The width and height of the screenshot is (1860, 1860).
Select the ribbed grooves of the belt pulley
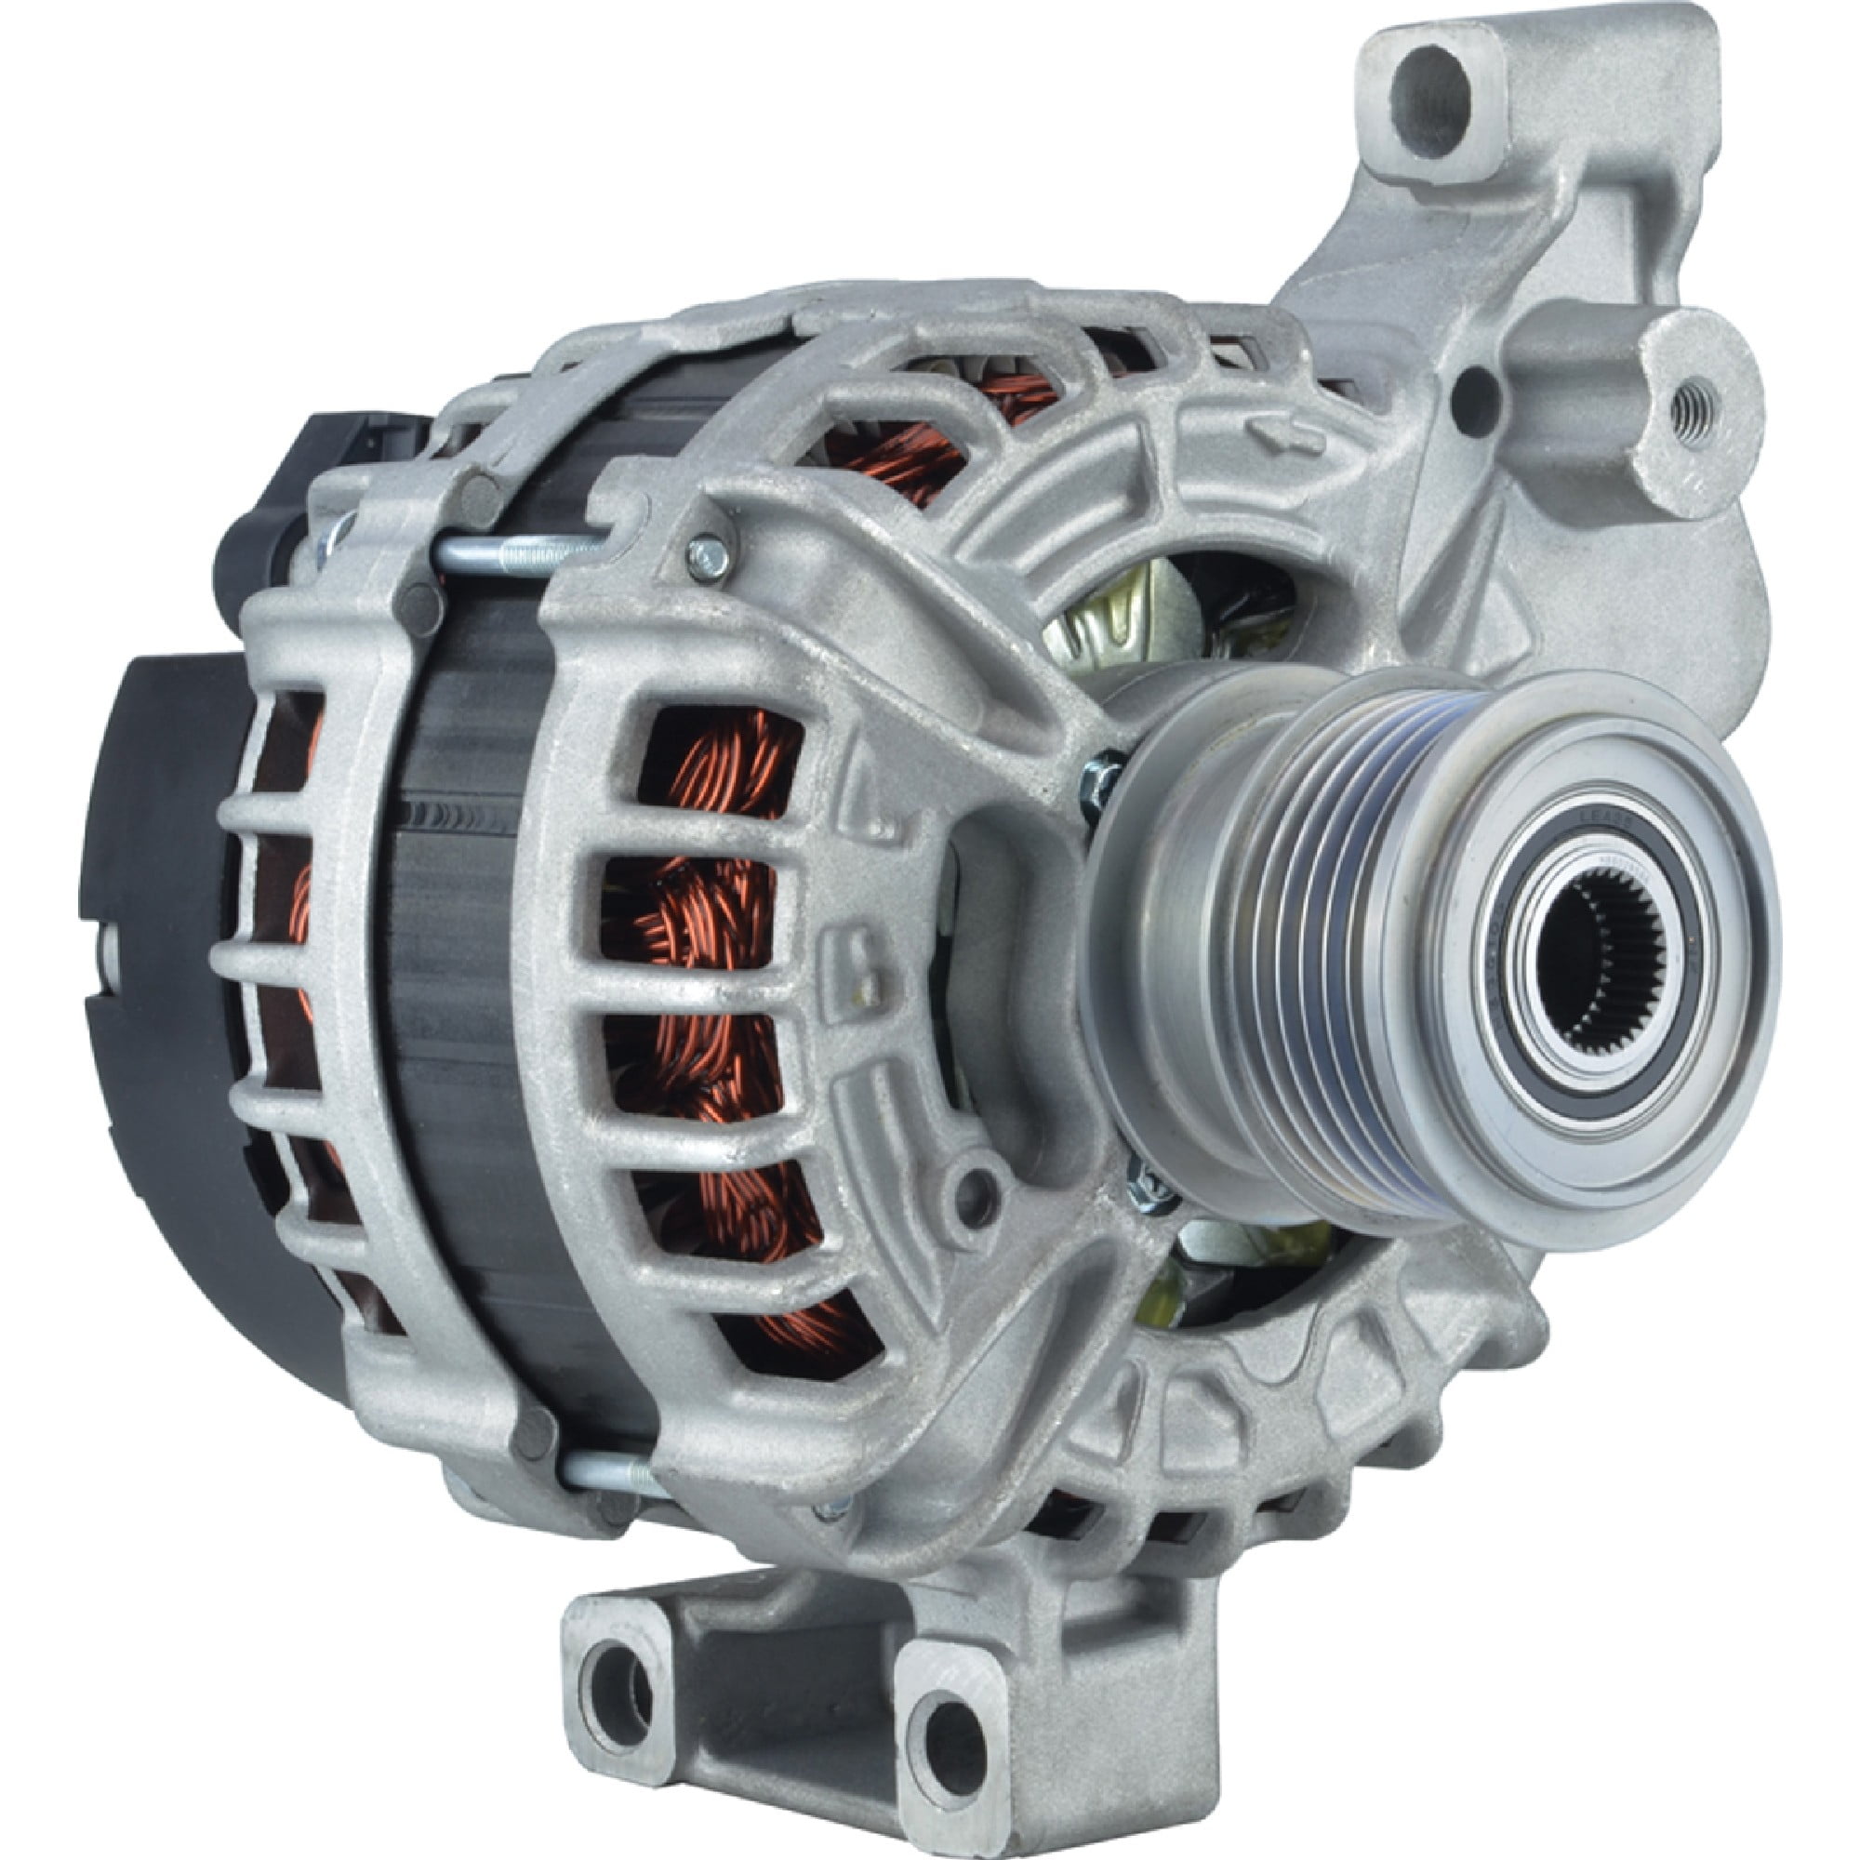click(x=1319, y=953)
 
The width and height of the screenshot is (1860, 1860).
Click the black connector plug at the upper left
click(x=289, y=500)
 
